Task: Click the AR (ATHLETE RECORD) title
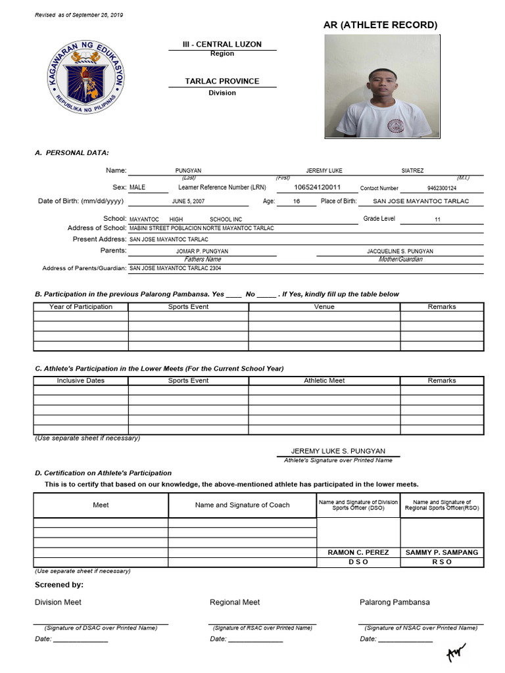click(380, 25)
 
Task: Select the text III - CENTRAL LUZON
click(222, 44)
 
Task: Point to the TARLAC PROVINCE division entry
click(222, 81)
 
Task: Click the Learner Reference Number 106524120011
click(317, 187)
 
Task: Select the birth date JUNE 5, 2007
click(188, 202)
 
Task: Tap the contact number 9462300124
click(441, 188)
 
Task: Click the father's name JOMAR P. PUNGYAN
click(202, 251)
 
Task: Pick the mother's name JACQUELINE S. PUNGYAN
click(399, 251)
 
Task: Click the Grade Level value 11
click(437, 220)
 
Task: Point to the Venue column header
click(324, 307)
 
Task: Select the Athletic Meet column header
click(324, 381)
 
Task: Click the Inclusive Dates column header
click(80, 381)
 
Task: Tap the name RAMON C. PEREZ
click(358, 553)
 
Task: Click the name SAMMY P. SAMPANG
click(441, 553)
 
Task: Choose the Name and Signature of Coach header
click(242, 505)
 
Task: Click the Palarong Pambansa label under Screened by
click(395, 602)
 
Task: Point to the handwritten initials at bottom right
click(455, 652)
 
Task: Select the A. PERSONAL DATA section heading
click(72, 152)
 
